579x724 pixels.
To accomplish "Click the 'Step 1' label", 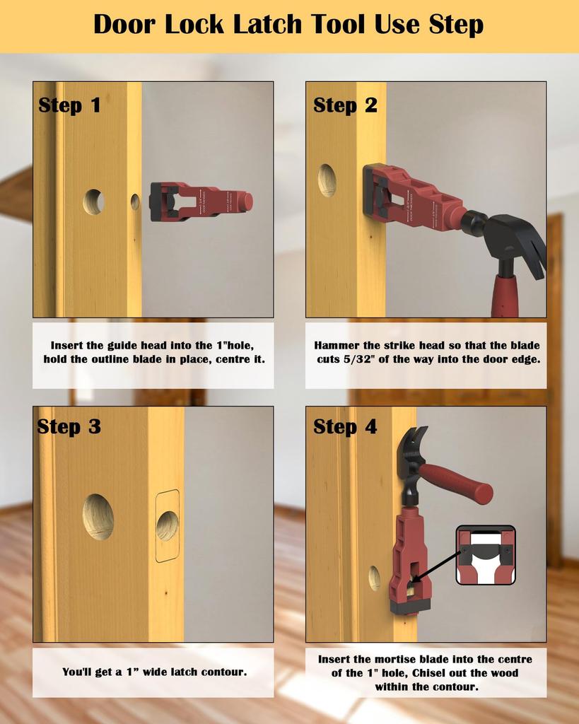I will (x=69, y=105).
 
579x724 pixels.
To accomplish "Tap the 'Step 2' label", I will (x=345, y=105).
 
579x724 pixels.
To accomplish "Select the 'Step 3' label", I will (x=69, y=427).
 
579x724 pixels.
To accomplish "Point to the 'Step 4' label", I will (x=345, y=427).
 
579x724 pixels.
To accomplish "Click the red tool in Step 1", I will (x=201, y=200).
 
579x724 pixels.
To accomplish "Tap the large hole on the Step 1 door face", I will (x=93, y=202).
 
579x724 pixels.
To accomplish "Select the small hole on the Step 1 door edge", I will (x=135, y=202).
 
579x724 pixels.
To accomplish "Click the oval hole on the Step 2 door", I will (x=327, y=180).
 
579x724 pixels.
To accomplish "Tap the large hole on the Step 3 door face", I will (x=98, y=517).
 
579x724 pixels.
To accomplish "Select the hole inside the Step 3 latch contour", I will (x=168, y=526).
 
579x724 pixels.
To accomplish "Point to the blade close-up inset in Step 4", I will (x=486, y=555).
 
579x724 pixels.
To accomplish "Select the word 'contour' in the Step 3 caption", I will (x=225, y=672).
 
